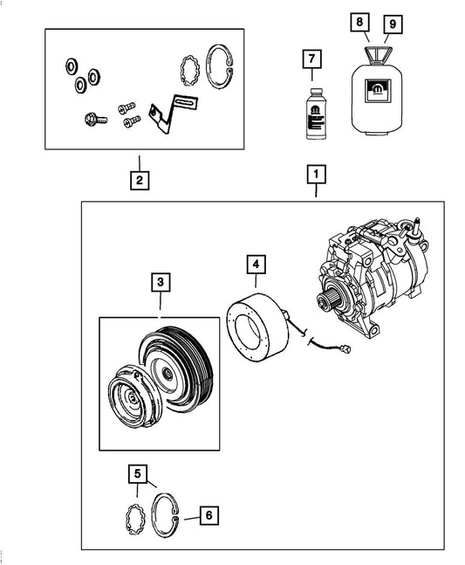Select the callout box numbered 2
click(137, 182)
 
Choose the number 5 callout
click(137, 474)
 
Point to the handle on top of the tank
click(374, 56)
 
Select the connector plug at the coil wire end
click(349, 354)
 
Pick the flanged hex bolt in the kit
click(92, 116)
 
